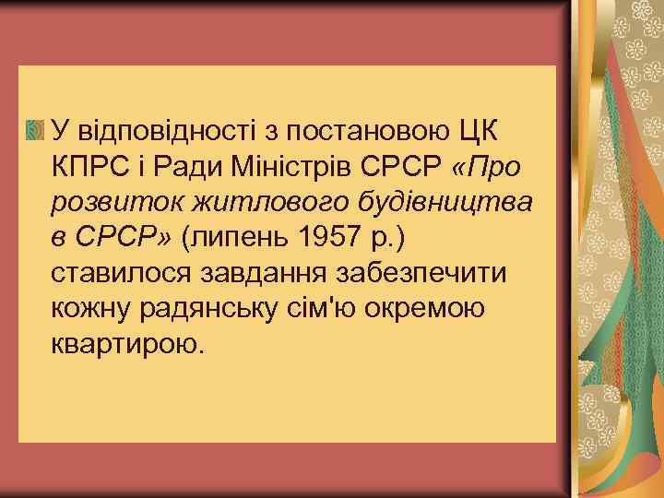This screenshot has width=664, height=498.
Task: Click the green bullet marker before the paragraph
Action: [35, 129]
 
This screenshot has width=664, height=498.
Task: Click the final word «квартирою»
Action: [125, 347]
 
